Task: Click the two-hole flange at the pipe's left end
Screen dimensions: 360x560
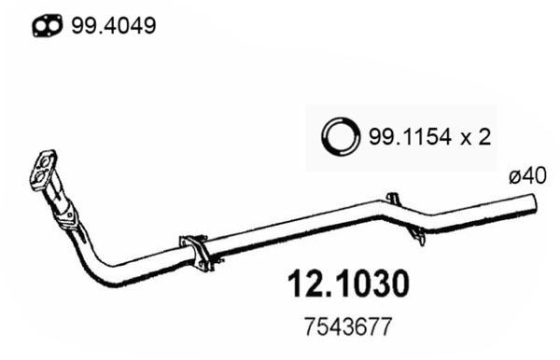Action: click(44, 172)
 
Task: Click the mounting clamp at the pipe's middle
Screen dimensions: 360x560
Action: click(196, 251)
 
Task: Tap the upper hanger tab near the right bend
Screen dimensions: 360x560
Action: click(393, 199)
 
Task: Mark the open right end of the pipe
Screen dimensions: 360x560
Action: click(535, 202)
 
